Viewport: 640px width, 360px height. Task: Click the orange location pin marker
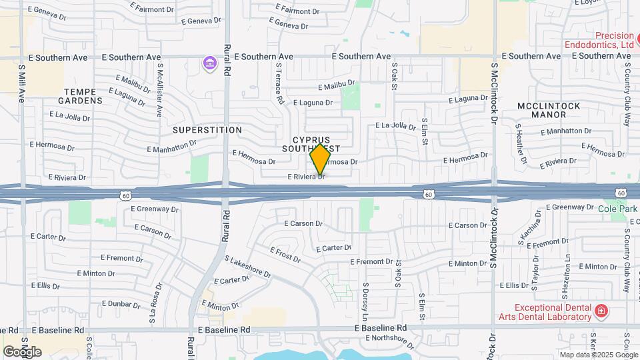[x=320, y=159]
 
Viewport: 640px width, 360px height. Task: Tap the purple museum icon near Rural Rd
[x=210, y=64]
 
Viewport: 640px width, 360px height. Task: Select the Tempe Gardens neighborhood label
[x=84, y=96]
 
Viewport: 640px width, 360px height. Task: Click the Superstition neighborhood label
[x=207, y=129]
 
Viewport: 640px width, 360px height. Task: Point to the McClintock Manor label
[x=549, y=110]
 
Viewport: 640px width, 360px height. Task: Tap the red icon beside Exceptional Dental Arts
[x=601, y=311]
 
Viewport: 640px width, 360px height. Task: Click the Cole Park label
[x=617, y=209]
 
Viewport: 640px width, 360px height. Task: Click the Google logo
[x=22, y=351]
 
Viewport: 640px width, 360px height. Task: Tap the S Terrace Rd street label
[x=279, y=83]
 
